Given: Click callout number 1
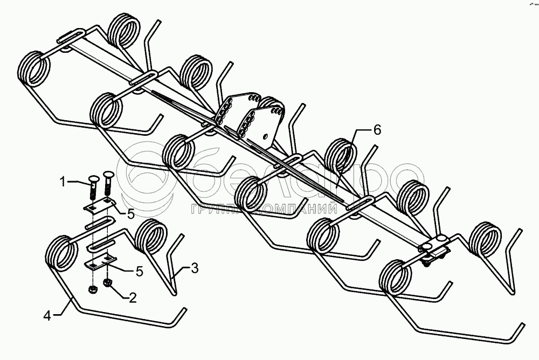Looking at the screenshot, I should (x=63, y=182).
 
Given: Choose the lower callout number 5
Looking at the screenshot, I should (x=139, y=272).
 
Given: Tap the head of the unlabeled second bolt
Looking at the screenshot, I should (x=107, y=176).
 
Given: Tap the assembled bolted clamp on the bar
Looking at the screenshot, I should (x=434, y=251).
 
